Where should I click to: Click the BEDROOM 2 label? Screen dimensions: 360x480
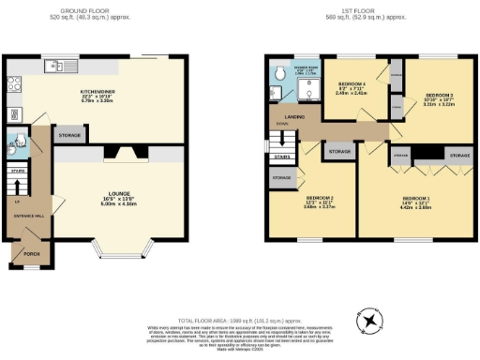pyautogui.click(x=320, y=199)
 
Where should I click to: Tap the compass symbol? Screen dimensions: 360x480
pyautogui.click(x=374, y=321)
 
